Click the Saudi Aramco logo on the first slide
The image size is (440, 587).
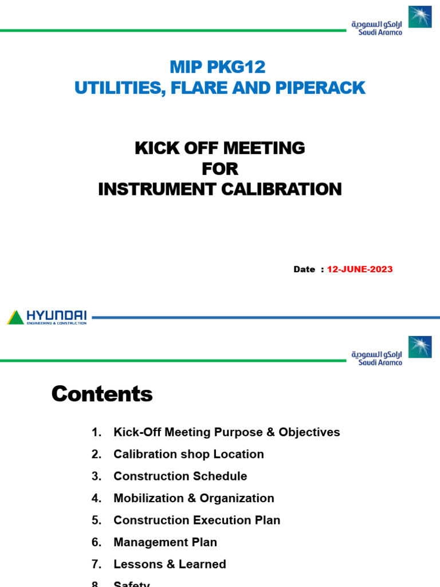[x=391, y=21]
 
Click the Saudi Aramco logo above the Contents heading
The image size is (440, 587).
[x=391, y=351]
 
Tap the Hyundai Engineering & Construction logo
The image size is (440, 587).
[x=48, y=317]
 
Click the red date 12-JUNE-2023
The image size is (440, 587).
[x=360, y=269]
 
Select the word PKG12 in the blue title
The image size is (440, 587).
[x=237, y=67]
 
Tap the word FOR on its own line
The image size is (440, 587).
[x=220, y=169]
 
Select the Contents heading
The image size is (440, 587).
[x=102, y=394]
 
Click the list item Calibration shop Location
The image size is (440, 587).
[x=188, y=454]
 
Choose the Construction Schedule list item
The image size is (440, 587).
[x=180, y=476]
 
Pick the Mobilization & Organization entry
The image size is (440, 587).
[x=194, y=498]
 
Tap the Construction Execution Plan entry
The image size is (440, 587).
[x=197, y=520]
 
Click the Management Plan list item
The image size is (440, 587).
[x=165, y=542]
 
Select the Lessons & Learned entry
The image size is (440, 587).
[x=170, y=564]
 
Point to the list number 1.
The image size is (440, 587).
[x=96, y=432]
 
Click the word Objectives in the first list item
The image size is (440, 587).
[x=309, y=432]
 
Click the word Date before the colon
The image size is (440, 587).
[x=304, y=269]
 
